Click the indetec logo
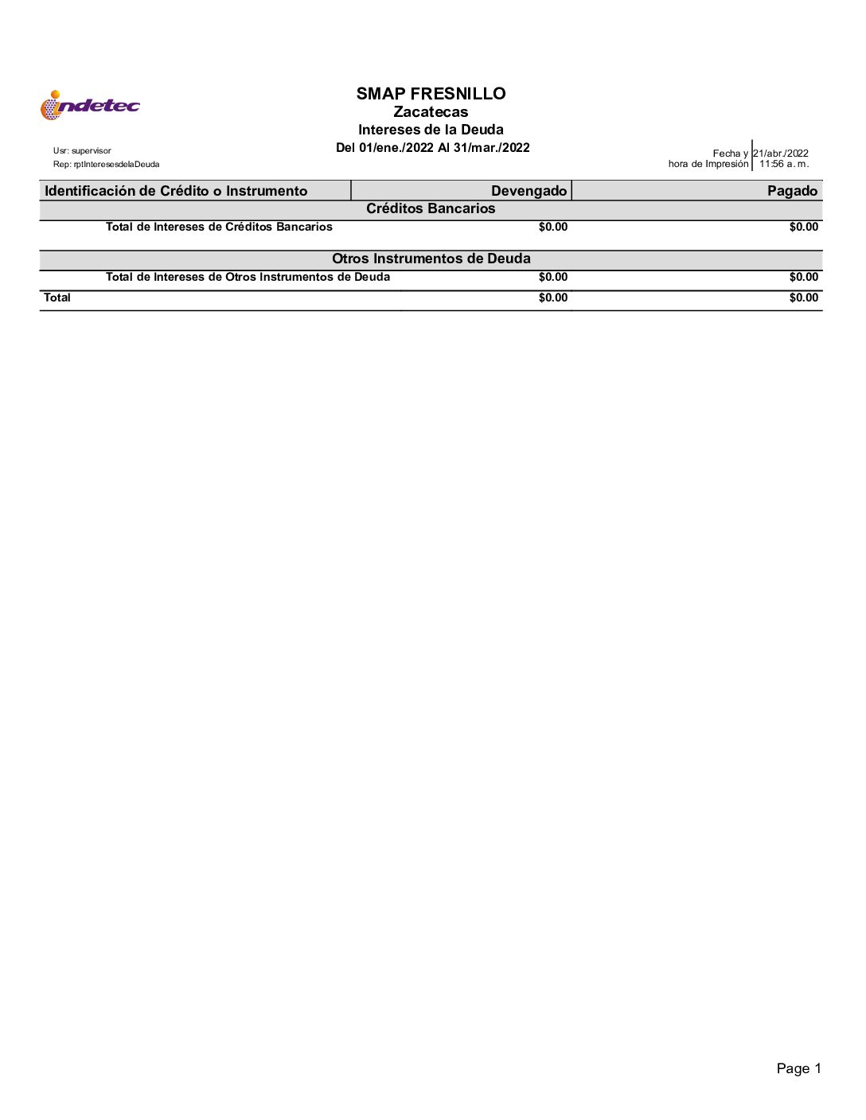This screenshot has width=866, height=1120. pyautogui.click(x=90, y=105)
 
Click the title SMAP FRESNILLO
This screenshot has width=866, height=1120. pyautogui.click(x=431, y=94)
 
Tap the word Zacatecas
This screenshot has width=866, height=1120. pyautogui.click(x=431, y=112)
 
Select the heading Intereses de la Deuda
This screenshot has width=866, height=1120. pyautogui.click(x=431, y=130)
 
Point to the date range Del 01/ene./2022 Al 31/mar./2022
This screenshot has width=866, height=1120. pyautogui.click(x=432, y=147)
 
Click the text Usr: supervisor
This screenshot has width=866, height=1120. pyautogui.click(x=82, y=151)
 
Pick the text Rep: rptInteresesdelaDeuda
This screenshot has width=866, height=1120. pyautogui.click(x=106, y=165)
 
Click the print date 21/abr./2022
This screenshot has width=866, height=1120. pyautogui.click(x=781, y=154)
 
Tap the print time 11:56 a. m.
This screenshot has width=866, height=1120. pyautogui.click(x=783, y=164)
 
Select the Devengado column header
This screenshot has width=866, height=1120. pyautogui.click(x=529, y=191)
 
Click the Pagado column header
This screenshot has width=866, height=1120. pyautogui.click(x=792, y=191)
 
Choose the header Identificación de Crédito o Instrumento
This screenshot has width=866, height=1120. pyautogui.click(x=176, y=191)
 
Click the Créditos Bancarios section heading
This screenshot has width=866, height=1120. pyautogui.click(x=431, y=208)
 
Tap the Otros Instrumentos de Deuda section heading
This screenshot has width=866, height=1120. pyautogui.click(x=431, y=259)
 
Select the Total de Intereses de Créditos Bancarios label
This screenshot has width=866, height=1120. pyautogui.click(x=219, y=227)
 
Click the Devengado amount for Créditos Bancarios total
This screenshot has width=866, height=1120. pyautogui.click(x=553, y=227)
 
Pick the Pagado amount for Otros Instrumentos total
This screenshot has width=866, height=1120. pyautogui.click(x=804, y=277)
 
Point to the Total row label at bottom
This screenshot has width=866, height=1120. pyautogui.click(x=57, y=297)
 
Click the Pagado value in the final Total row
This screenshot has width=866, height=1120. pyautogui.click(x=804, y=297)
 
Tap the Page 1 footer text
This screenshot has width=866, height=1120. pyautogui.click(x=798, y=1068)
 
